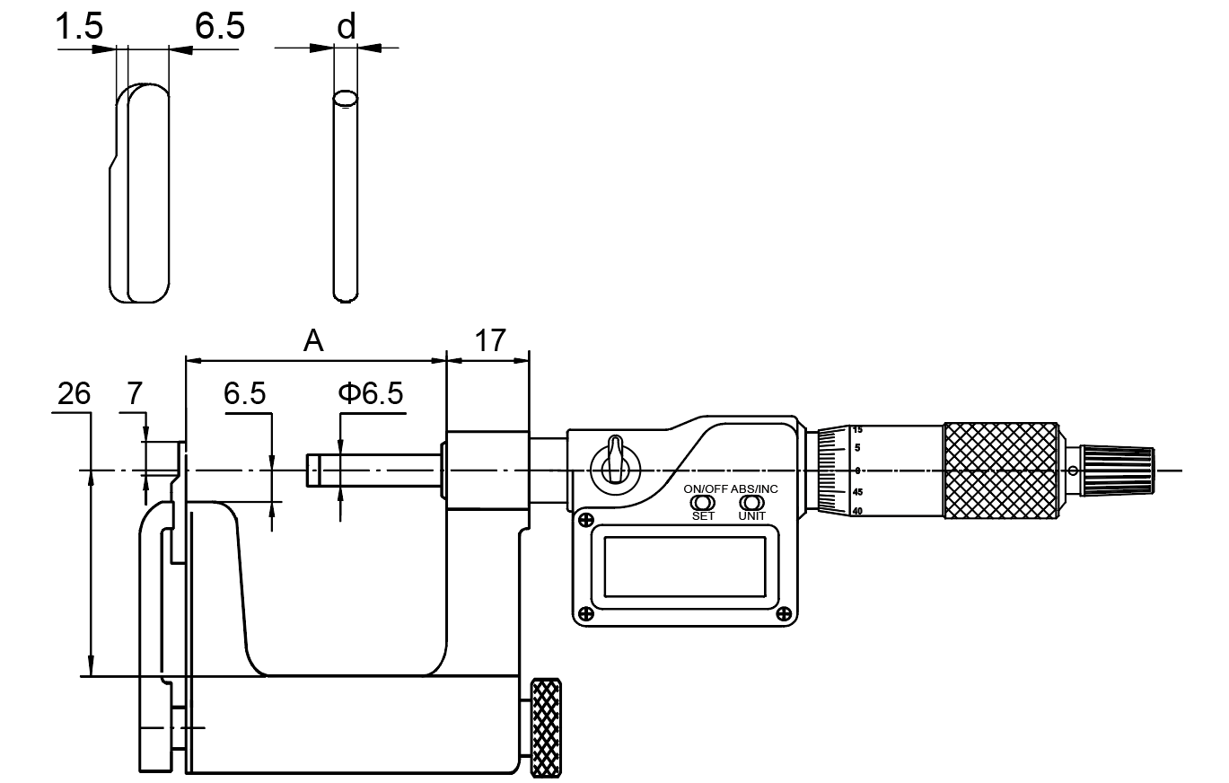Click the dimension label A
(313, 340)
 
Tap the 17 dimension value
(489, 340)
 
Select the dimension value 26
(74, 394)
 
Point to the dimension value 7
(134, 394)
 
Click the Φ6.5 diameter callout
(371, 394)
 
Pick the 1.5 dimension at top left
(79, 27)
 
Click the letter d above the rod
(345, 27)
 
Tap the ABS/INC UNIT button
(752, 503)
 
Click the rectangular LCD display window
(684, 567)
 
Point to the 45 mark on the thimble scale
(858, 492)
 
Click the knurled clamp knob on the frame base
(545, 727)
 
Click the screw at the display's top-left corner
(585, 520)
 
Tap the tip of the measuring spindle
(311, 470)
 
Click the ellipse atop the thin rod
(346, 97)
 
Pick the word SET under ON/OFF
(703, 516)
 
